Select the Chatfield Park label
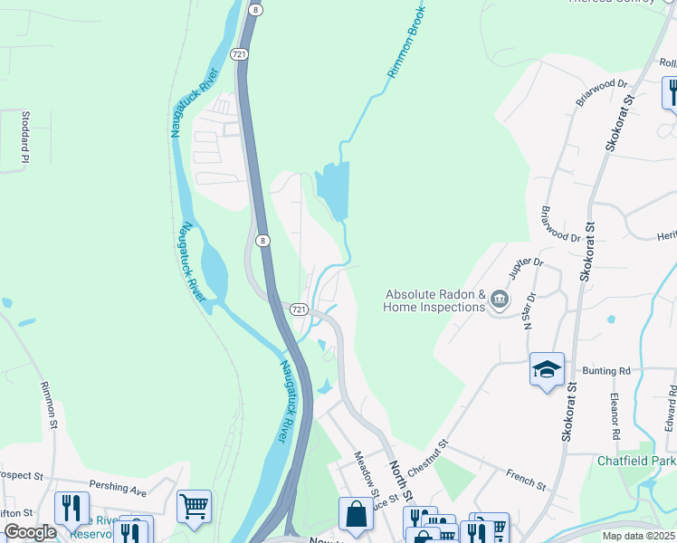[x=637, y=461]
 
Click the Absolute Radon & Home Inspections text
[x=434, y=300]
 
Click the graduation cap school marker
[x=547, y=369]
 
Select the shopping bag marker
[x=356, y=514]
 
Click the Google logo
[x=29, y=532]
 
